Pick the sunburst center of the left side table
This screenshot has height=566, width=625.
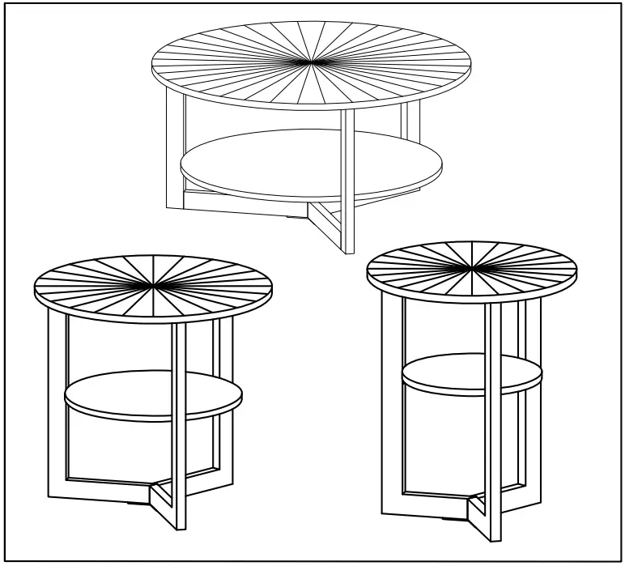coord(153,285)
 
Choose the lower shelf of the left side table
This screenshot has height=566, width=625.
coord(153,395)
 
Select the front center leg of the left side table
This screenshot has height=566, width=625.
coord(181,421)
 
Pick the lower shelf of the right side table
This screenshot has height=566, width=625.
coord(472,373)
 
